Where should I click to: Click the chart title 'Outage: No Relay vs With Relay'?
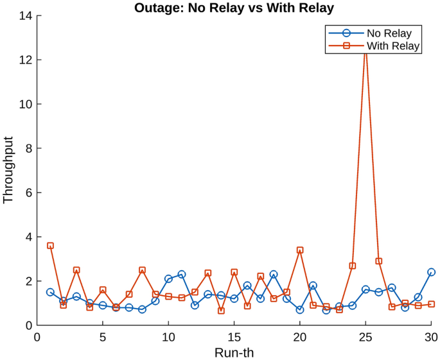coord(234,7)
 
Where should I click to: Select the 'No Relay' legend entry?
coord(389,33)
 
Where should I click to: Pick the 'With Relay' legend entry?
coord(393,46)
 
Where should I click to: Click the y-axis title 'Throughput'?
coord(8,171)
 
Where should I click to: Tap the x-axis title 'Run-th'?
coord(234,352)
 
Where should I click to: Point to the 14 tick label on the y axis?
coord(26,15)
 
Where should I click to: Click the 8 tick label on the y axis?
coord(29,148)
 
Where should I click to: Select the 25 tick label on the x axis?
coord(365,337)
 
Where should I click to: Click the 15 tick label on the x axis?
coord(234,337)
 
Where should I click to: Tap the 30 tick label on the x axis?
coord(431,337)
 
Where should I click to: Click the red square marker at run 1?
coord(50,246)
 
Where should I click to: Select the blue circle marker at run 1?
coord(50,292)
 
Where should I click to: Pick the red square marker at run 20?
coord(300,250)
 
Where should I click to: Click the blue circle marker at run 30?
coord(431,272)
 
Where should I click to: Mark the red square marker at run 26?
coord(379,261)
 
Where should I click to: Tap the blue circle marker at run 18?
coord(274,275)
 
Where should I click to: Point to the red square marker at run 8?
coord(142,270)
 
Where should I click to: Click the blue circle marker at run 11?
coord(182,275)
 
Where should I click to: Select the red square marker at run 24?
coord(353,266)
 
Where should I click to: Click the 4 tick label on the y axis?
coord(29,237)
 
